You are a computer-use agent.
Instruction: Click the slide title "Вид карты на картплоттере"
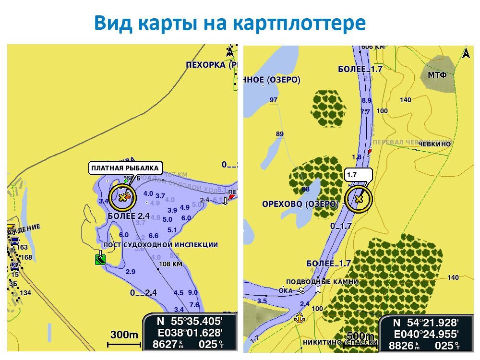(x=229, y=23)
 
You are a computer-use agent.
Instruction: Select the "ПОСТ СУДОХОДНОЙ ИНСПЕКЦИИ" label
(x=160, y=245)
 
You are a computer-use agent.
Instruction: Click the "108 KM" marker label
(x=170, y=264)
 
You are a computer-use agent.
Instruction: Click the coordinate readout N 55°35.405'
(x=190, y=321)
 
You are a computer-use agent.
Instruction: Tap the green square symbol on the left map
(x=100, y=260)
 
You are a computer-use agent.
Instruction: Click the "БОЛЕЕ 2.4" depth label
(x=129, y=216)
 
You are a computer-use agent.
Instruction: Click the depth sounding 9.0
(x=193, y=292)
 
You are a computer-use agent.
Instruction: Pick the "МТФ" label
(x=437, y=75)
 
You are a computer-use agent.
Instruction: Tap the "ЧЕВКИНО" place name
(x=434, y=144)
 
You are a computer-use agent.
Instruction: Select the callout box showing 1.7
(x=358, y=175)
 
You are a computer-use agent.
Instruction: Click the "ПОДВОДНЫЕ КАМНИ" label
(x=322, y=282)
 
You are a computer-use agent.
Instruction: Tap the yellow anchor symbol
(x=300, y=317)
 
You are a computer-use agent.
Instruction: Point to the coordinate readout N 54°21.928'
(x=426, y=323)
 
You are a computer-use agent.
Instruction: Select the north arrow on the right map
(x=465, y=53)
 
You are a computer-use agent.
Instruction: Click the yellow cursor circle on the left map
(x=122, y=197)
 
